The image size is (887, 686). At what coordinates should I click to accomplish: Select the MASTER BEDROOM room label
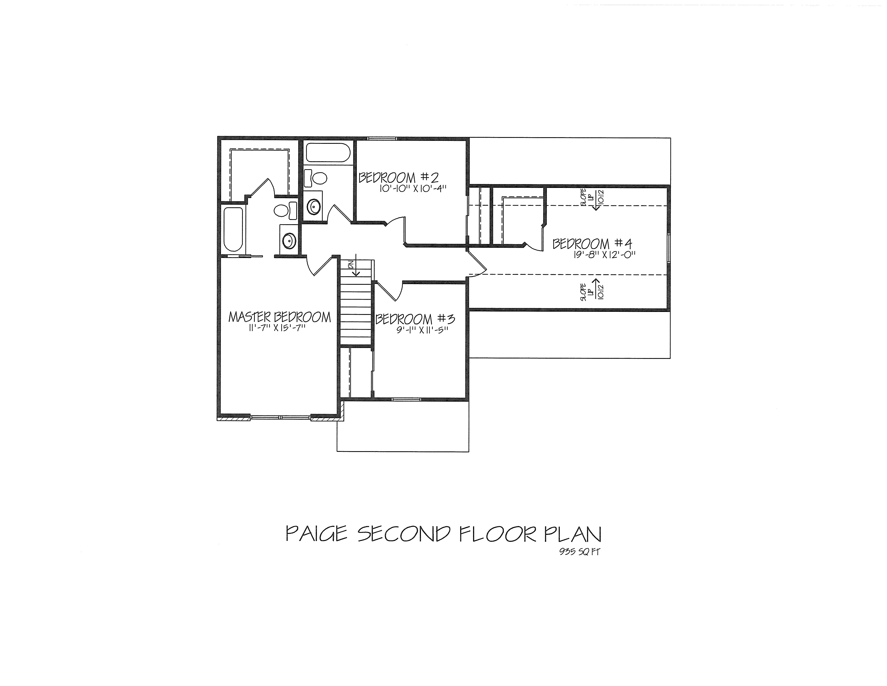(x=279, y=317)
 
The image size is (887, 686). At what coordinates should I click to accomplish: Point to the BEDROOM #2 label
(x=398, y=178)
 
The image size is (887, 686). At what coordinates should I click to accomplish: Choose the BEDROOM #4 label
(x=592, y=244)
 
